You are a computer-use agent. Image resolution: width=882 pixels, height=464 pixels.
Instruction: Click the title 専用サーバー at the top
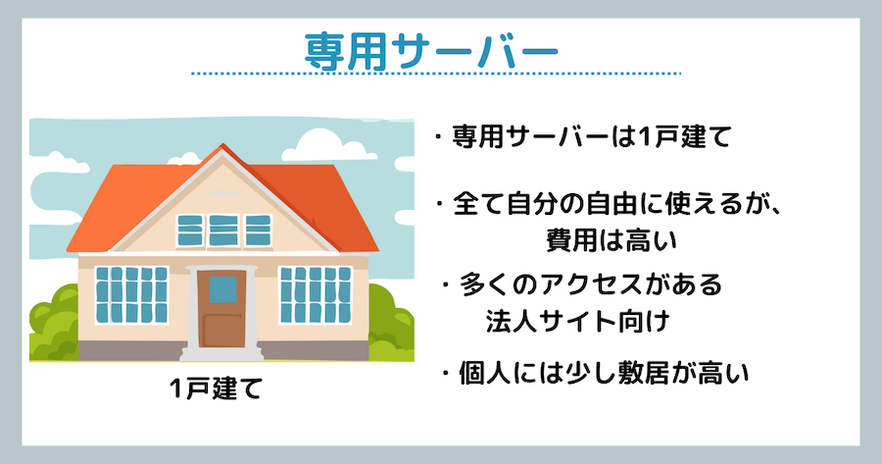click(x=431, y=52)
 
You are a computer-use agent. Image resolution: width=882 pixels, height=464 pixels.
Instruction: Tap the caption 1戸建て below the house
click(x=217, y=388)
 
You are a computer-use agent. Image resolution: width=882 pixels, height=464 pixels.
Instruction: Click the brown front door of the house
click(x=221, y=309)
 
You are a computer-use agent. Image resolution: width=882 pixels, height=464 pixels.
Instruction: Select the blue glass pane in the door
click(x=222, y=289)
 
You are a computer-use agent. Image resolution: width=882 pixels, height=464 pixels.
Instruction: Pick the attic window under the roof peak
click(x=223, y=231)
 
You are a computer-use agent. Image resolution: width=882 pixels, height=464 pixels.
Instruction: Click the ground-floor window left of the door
click(x=131, y=294)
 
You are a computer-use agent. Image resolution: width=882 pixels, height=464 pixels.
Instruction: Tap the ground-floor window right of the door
click(x=316, y=294)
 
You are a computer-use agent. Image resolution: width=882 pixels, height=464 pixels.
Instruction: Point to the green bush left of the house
click(x=54, y=325)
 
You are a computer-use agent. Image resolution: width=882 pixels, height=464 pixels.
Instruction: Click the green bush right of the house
click(x=391, y=324)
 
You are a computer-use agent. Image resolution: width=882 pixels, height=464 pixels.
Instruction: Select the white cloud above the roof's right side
click(x=321, y=146)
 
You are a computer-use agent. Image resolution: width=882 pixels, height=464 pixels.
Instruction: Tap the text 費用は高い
click(x=612, y=240)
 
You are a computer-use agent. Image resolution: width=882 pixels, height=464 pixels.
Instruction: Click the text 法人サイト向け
click(x=577, y=322)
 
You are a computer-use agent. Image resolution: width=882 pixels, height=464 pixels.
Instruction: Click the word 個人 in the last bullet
click(x=485, y=374)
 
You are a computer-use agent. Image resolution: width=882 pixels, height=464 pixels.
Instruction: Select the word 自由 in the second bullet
click(x=613, y=204)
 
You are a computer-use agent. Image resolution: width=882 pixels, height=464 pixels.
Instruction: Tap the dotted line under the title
click(x=436, y=74)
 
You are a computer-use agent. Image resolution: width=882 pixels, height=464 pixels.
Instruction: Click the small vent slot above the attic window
click(x=223, y=193)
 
